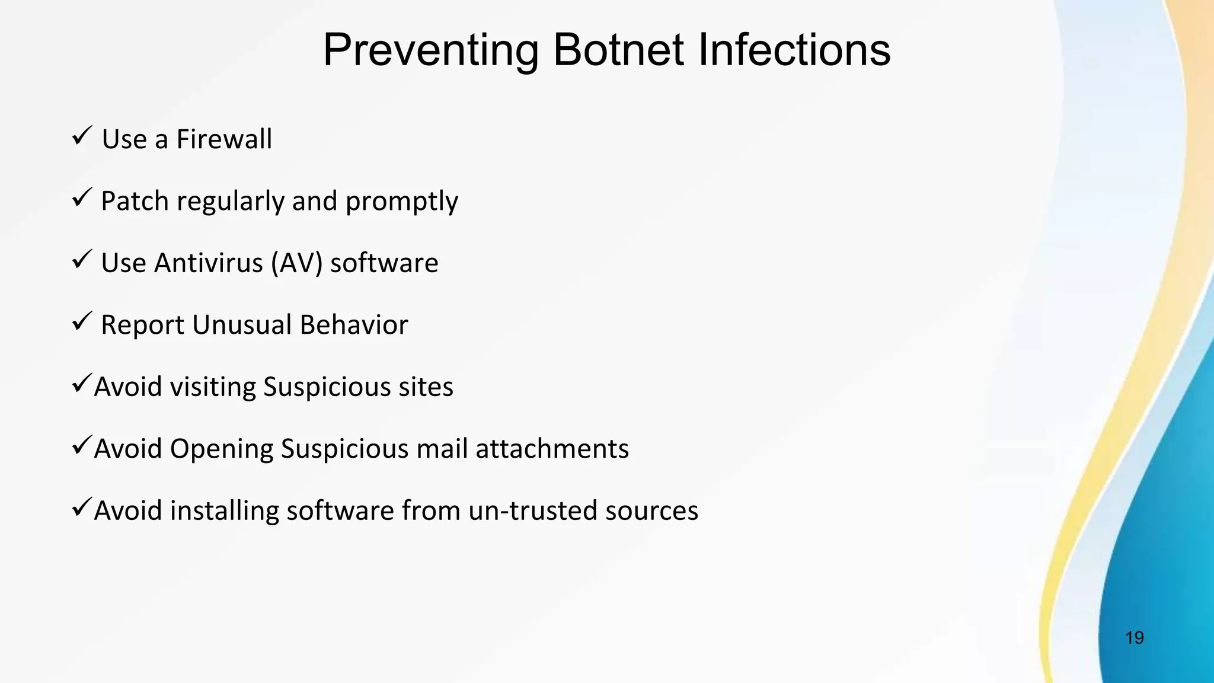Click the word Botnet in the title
618,50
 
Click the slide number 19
1134,638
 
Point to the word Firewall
224,140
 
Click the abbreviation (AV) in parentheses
296,263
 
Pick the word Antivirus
208,263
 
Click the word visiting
213,387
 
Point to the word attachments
552,449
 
